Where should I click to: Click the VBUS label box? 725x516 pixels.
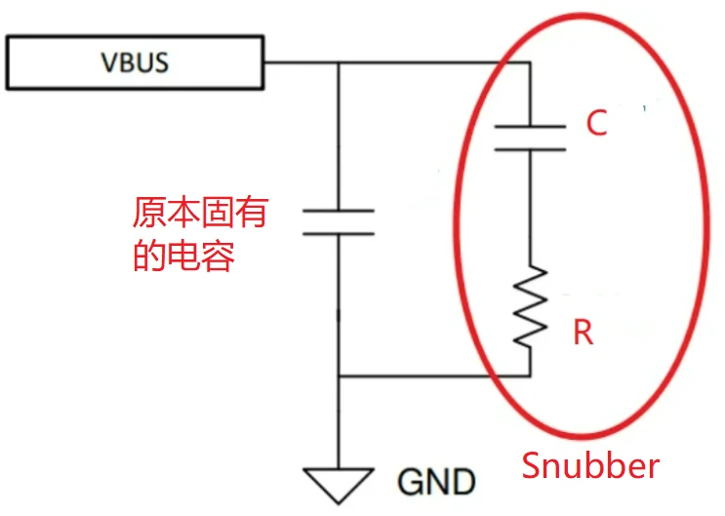[x=135, y=62]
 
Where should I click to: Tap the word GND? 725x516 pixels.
[x=436, y=481]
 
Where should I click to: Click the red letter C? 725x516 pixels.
[x=596, y=123]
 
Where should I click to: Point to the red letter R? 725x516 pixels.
[x=583, y=333]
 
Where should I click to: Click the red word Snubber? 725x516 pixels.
[x=590, y=465]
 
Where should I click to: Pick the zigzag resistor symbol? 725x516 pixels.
[x=531, y=308]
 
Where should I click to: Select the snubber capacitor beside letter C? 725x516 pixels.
[x=531, y=139]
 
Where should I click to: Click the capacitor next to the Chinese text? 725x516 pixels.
[x=338, y=221]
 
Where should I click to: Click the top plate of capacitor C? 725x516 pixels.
[x=531, y=127]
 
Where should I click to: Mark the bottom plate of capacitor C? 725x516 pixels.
[x=531, y=150]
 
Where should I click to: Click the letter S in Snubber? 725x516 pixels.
[x=532, y=465]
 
